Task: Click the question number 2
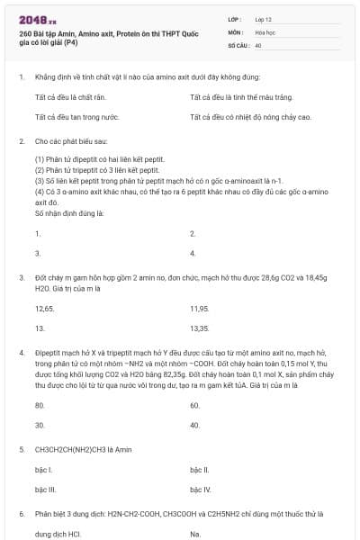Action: (x=21, y=141)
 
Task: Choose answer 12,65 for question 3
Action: (x=44, y=308)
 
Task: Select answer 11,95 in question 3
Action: (x=199, y=308)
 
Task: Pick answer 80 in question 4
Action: (x=40, y=405)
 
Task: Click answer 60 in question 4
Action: (x=194, y=405)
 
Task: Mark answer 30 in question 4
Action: (x=40, y=425)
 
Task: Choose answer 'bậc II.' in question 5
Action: (x=200, y=470)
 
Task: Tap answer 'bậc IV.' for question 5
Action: (x=200, y=490)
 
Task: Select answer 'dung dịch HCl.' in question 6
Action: (x=56, y=535)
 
